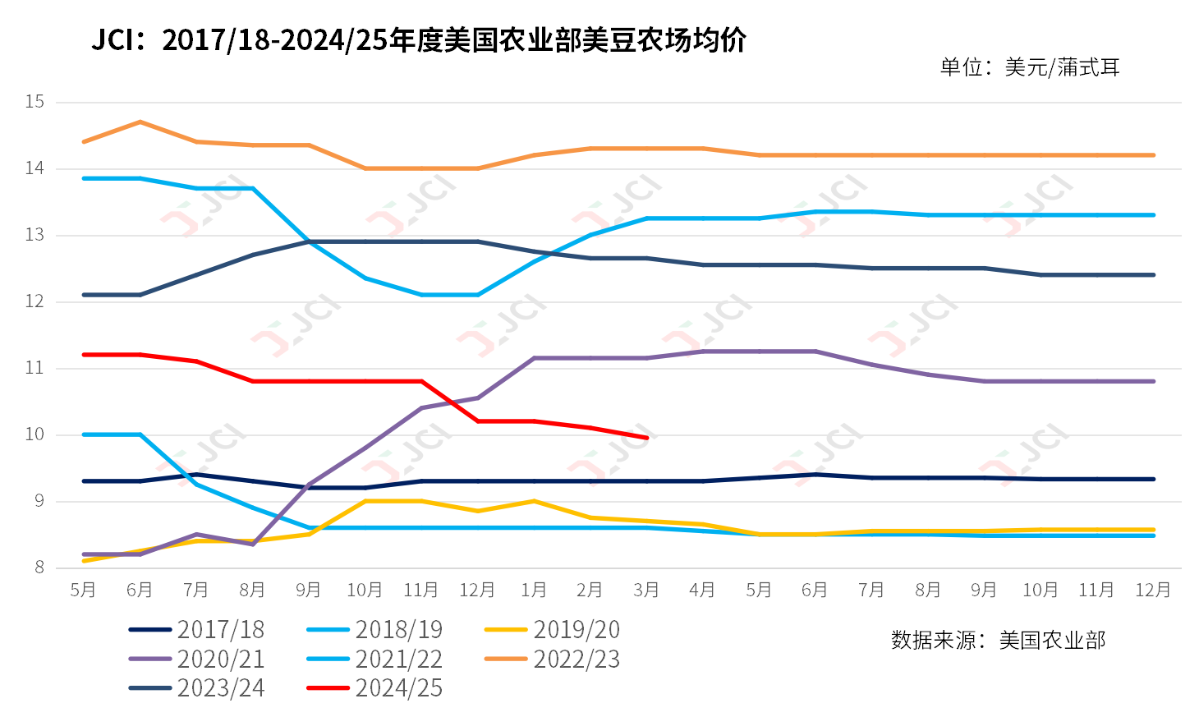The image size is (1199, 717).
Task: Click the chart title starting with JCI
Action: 419,39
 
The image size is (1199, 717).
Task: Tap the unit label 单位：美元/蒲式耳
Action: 1030,67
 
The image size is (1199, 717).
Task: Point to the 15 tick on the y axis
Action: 34,102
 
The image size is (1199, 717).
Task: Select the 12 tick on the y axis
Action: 34,301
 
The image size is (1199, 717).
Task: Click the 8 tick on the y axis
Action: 39,568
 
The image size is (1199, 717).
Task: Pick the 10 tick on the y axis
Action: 34,434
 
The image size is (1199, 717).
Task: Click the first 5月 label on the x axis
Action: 83,590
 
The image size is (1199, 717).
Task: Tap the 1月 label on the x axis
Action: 534,590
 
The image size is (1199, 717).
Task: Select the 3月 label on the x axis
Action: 646,590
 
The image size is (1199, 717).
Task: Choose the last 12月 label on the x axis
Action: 1152,590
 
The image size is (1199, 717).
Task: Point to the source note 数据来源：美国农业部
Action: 999,640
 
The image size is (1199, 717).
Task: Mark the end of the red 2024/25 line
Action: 647,438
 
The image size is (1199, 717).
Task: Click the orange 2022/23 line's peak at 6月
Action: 140,122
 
